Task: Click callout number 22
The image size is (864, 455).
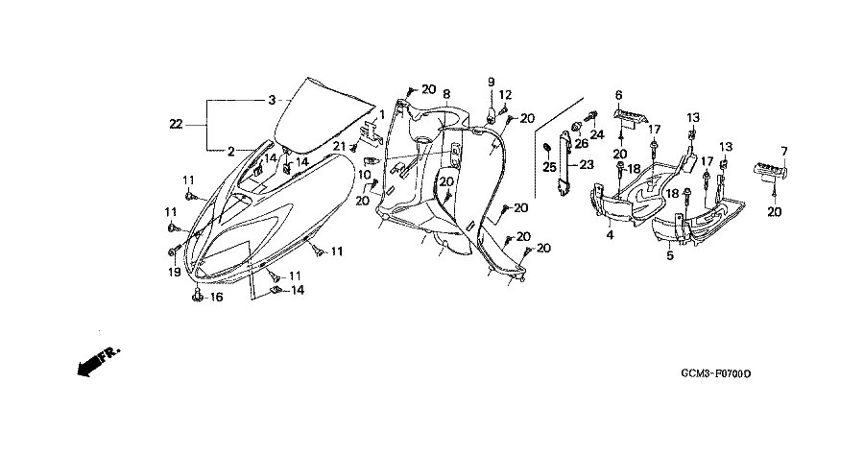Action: pos(175,123)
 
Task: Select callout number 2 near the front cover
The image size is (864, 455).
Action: pos(231,151)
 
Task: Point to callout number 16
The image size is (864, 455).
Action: pos(216,299)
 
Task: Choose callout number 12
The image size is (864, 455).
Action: pos(506,94)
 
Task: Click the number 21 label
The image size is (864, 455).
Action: pos(338,145)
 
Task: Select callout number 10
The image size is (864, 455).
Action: pos(365,174)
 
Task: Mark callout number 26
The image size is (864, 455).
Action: pos(581,146)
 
